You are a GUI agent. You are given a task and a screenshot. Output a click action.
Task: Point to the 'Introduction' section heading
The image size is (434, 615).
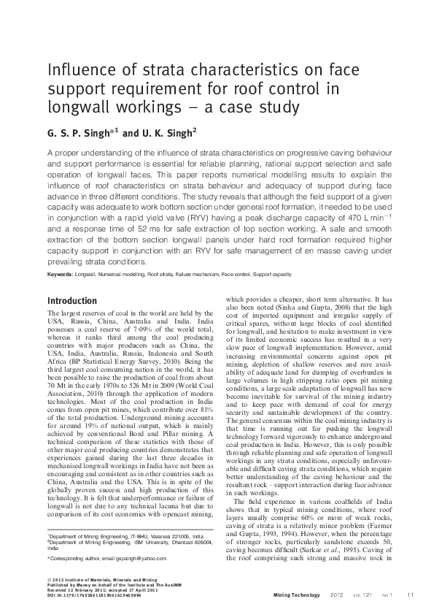coord(71,301)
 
